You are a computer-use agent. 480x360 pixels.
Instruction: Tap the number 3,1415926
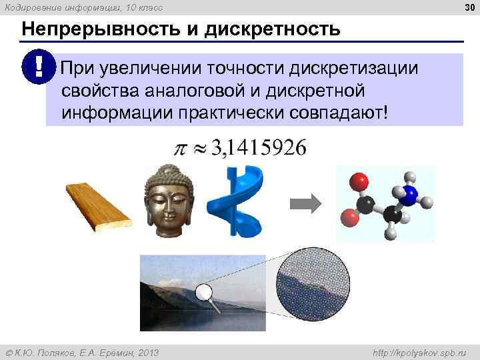pos(259,148)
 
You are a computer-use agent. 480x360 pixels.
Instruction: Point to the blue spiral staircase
pos(237,200)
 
